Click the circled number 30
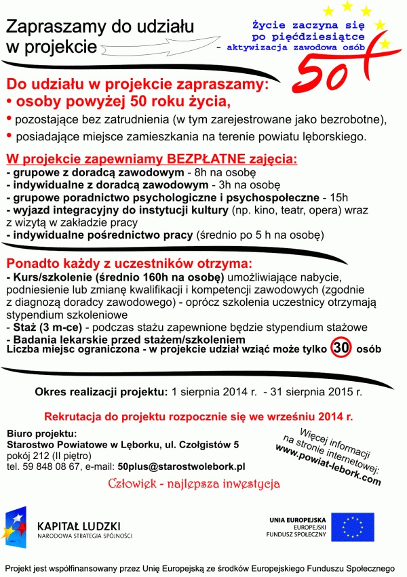pos(341,349)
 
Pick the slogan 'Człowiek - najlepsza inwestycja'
pos(194,484)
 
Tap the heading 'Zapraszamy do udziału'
pos(100,26)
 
